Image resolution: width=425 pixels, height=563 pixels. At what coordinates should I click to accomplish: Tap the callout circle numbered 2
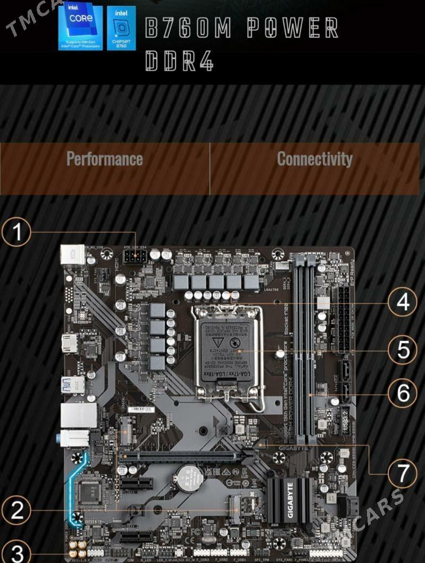tap(17, 510)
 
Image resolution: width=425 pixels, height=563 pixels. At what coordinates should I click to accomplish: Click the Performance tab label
tap(105, 159)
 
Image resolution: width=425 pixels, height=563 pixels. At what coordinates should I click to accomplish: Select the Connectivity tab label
tap(314, 159)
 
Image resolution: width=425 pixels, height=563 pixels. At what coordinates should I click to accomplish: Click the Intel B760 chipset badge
tap(121, 28)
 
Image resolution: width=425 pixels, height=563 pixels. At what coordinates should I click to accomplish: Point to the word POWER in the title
tap(293, 28)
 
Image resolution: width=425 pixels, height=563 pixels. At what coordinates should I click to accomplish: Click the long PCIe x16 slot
tap(179, 457)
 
